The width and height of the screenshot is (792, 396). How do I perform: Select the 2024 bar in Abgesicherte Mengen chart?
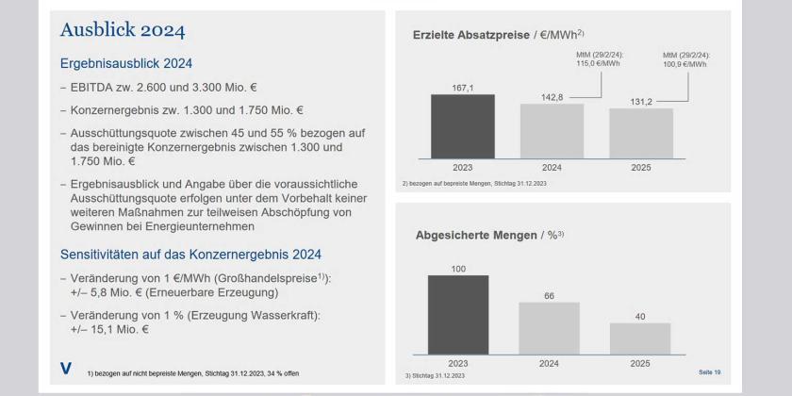point(552,325)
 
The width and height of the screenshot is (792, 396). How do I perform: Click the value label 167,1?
point(459,86)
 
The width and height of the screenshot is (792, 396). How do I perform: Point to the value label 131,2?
point(641,101)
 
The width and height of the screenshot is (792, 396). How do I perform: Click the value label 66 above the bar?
point(551,295)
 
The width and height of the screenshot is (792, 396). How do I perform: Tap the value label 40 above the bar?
point(641,317)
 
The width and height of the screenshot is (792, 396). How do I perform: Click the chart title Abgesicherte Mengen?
point(483,237)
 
